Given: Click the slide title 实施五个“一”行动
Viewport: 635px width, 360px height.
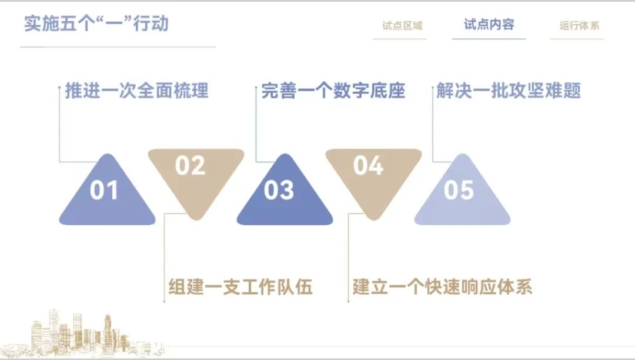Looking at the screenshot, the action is click(96, 24).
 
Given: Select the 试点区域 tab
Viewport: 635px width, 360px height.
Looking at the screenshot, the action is click(402, 26).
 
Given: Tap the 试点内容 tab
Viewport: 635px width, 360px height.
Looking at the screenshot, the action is click(489, 24).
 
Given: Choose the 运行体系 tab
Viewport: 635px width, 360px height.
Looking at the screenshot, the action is click(579, 26).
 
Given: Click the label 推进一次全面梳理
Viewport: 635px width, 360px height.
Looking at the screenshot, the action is click(136, 91).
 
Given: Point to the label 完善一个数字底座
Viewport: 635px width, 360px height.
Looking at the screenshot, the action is click(333, 91).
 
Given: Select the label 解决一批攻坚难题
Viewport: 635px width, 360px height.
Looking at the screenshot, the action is click(508, 91).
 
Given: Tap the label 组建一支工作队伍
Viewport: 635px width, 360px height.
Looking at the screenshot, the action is click(240, 286).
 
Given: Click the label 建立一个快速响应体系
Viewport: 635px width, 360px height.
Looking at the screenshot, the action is click(442, 286).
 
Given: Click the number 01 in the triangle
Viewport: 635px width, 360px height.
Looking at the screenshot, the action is click(104, 190).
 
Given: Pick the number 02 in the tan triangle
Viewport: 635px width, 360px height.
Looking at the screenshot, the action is click(190, 166).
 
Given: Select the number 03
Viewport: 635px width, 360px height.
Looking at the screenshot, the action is click(279, 190).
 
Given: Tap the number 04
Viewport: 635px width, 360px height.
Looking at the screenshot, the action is click(368, 166).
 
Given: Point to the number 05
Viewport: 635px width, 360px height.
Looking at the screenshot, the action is click(459, 190).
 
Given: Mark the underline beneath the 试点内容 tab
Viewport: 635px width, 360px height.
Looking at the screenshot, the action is click(489, 39).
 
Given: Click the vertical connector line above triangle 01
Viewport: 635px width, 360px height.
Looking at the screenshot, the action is click(59, 124).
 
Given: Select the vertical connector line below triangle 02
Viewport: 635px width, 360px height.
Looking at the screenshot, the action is click(164, 258).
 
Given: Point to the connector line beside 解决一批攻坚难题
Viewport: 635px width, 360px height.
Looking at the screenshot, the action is click(433, 124).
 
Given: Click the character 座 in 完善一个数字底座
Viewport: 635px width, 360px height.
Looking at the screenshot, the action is click(396, 91).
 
